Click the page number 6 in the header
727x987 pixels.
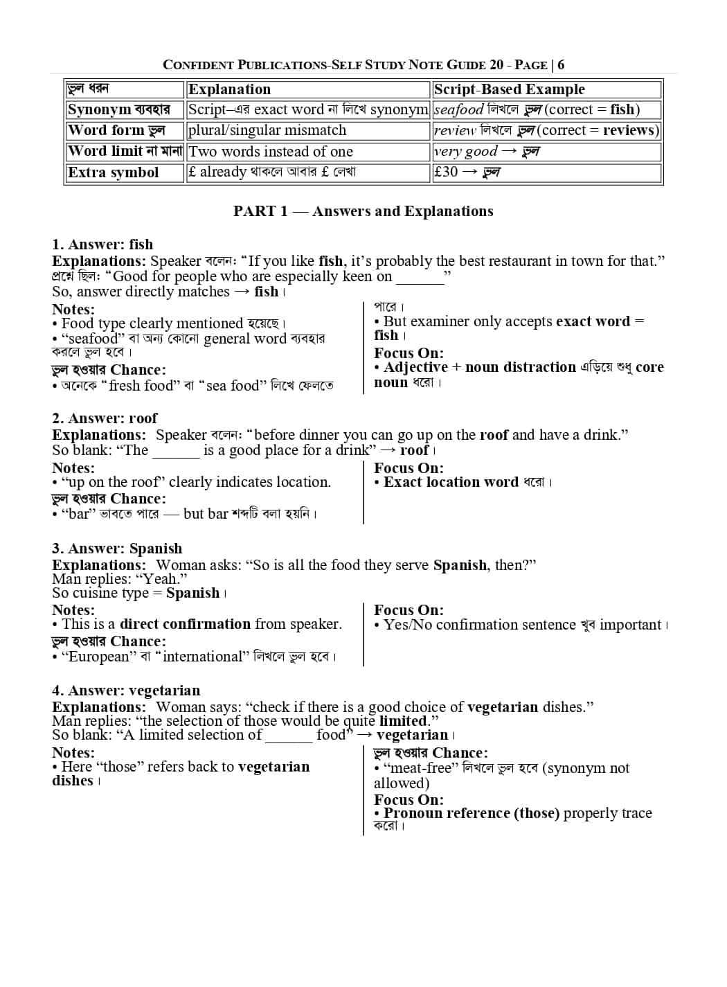[561, 65]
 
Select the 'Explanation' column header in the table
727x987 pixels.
[229, 89]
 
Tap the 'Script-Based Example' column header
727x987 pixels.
[509, 89]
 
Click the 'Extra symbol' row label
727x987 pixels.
[114, 172]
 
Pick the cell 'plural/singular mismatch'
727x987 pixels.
[267, 130]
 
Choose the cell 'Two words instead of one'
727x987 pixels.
[271, 152]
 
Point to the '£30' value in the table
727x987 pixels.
[446, 172]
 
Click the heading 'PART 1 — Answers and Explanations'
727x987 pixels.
[363, 211]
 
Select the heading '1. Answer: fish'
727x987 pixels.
[102, 244]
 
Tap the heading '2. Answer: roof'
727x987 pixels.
[105, 418]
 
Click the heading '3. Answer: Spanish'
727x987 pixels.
[117, 549]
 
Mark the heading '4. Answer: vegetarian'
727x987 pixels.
[126, 691]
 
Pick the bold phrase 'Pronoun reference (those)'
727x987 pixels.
[472, 813]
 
